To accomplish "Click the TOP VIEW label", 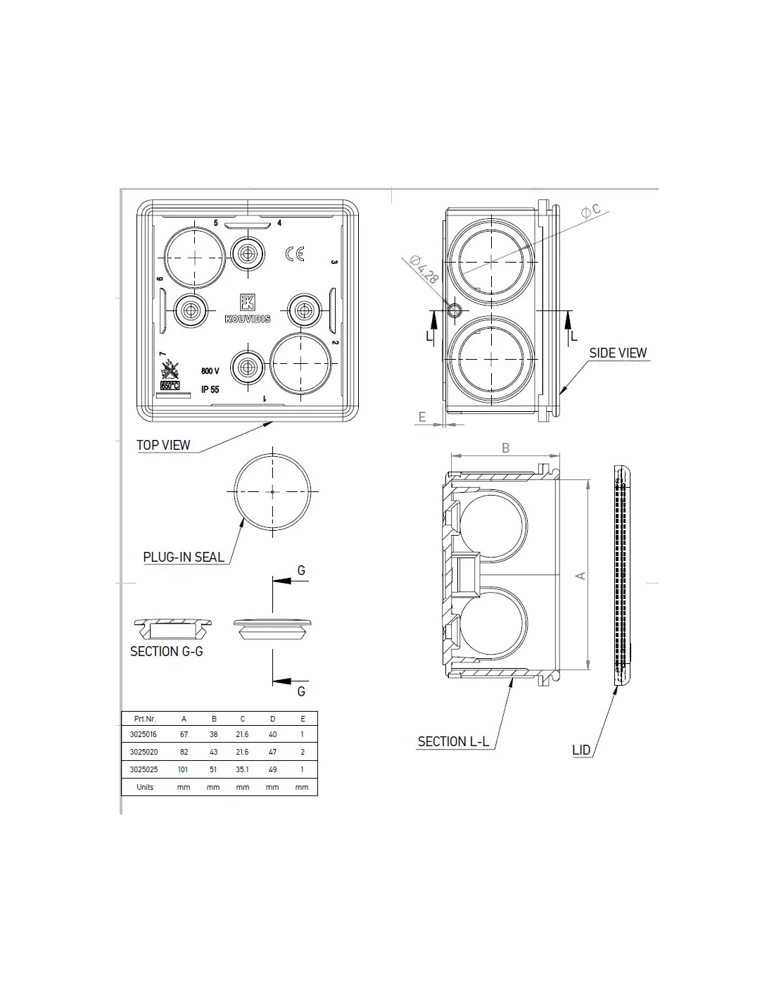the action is point(163,445).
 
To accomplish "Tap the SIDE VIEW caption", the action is point(618,353).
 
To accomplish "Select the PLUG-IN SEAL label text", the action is point(183,557).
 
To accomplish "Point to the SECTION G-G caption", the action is point(166,651).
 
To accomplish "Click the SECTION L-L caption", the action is point(453,742).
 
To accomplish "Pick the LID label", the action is point(581,750).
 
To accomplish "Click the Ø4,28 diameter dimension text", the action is point(424,269).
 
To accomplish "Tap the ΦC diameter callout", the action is point(591,210).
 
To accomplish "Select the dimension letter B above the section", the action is point(505,448).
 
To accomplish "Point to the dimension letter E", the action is point(421,417).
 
